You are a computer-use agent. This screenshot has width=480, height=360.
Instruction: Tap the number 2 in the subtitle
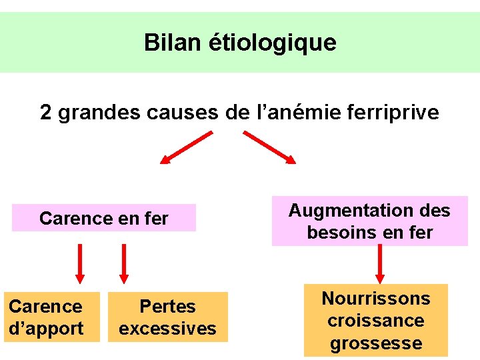[x=46, y=112]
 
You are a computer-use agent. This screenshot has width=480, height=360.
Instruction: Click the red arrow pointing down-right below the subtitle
[x=269, y=147]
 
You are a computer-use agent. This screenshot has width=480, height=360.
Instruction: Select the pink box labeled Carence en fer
[x=104, y=218]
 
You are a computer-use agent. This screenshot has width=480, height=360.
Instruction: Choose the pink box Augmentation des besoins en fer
[x=369, y=221]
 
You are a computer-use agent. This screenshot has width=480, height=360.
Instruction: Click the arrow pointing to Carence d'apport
[x=80, y=263]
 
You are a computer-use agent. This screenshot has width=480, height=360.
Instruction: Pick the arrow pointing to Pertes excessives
[x=123, y=263]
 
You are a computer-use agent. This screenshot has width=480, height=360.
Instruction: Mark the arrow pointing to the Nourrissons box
[x=381, y=263]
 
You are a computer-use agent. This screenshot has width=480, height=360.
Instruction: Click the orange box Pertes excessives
[x=168, y=317]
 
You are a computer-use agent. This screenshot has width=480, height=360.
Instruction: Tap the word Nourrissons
[x=376, y=298]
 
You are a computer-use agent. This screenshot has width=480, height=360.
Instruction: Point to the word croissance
[x=376, y=321]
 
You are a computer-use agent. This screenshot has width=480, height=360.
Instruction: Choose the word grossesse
[x=376, y=343]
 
